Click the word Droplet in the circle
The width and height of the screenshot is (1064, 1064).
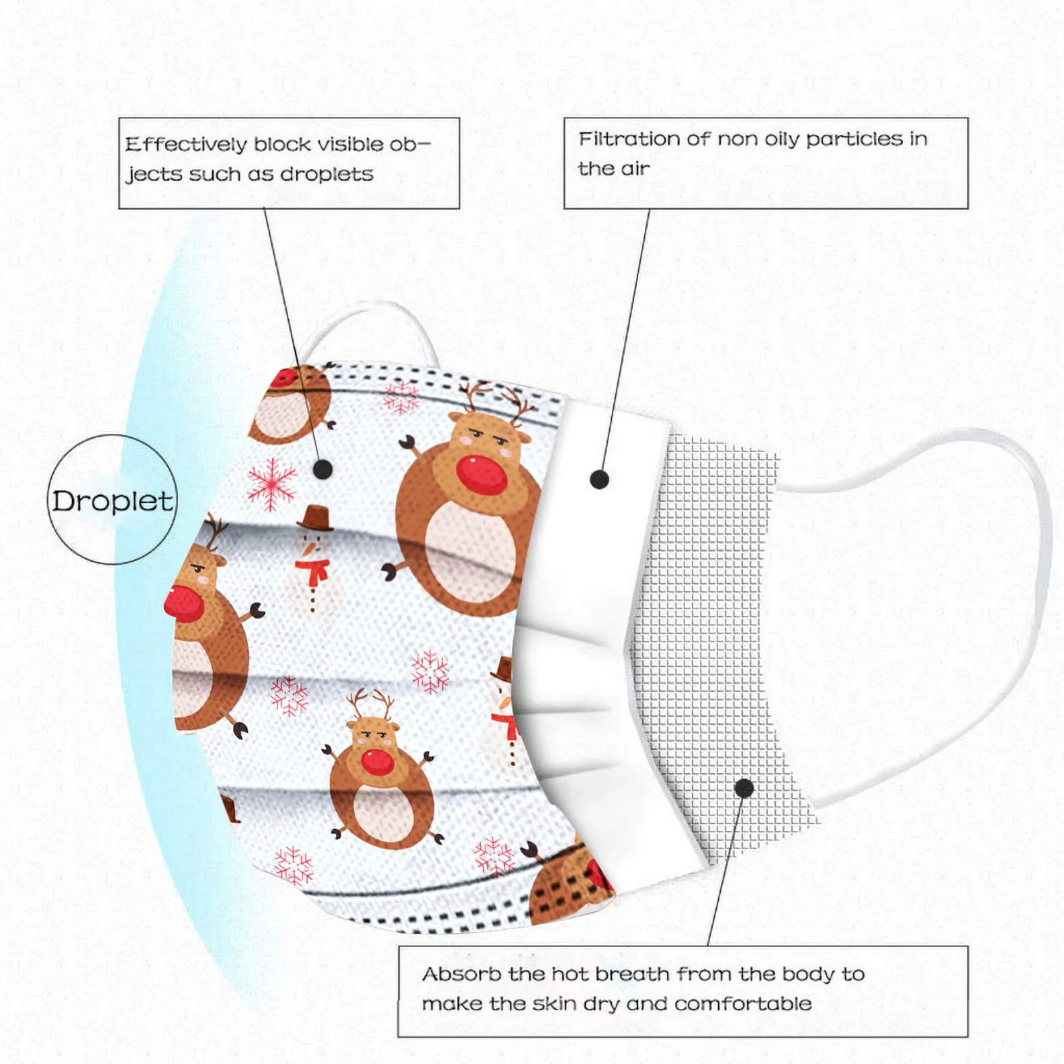pos(112,501)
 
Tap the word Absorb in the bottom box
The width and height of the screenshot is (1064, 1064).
pos(462,974)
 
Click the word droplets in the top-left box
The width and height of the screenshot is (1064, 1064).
pos(327,174)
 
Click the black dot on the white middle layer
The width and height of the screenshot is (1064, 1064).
pos(599,479)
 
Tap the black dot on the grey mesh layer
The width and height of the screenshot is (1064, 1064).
pos(744,789)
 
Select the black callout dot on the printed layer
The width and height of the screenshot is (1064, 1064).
pos(323,469)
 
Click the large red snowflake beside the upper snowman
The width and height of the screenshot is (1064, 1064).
pos(272,483)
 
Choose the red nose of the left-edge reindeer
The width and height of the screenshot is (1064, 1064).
pos(183,602)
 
